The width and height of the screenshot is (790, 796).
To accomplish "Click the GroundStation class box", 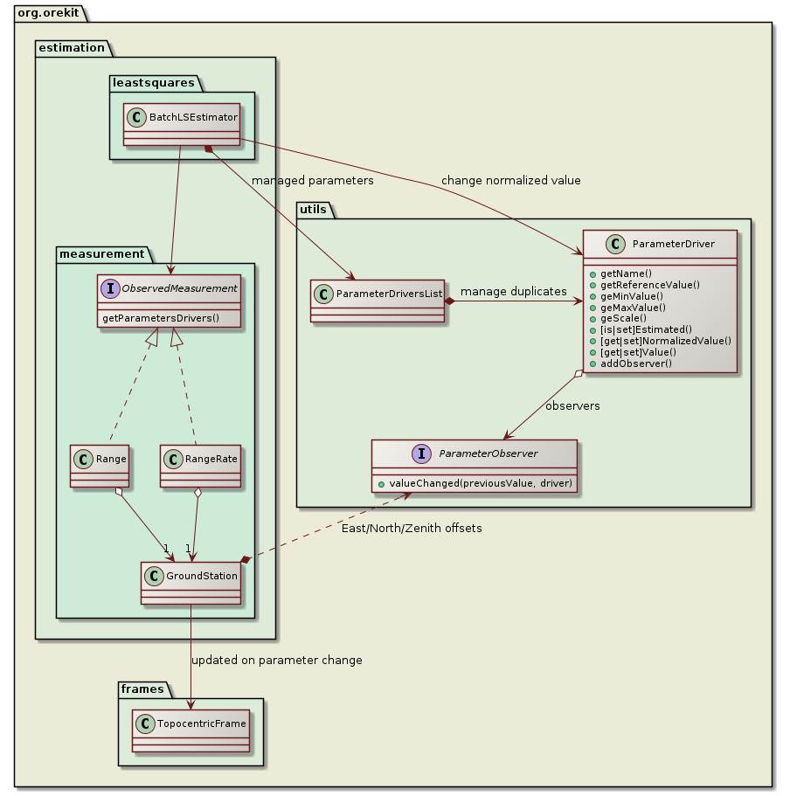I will tap(191, 581).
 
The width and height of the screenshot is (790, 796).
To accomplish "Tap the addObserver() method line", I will tap(636, 363).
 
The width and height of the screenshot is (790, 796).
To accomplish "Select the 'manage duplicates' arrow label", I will tap(513, 290).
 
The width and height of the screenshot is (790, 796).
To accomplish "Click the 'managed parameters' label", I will tap(312, 181).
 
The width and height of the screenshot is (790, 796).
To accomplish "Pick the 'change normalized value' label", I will tap(510, 181).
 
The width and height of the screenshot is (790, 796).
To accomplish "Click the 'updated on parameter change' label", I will tap(276, 660).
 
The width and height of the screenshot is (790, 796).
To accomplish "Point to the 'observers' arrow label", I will tap(572, 406).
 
